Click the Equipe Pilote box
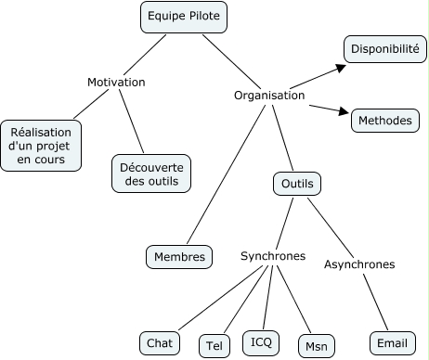(x=184, y=17)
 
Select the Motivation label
(x=116, y=83)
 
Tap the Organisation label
(x=269, y=96)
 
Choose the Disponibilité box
(x=385, y=49)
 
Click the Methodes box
(x=385, y=121)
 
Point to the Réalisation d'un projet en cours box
(x=41, y=146)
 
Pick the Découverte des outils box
(x=151, y=174)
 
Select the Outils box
(x=297, y=184)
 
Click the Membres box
(x=179, y=257)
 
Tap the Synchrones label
(x=273, y=256)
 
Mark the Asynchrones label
(x=359, y=264)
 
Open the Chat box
(x=160, y=343)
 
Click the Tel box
(x=214, y=345)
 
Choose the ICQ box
(x=261, y=342)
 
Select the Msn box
(x=317, y=346)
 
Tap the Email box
(x=393, y=343)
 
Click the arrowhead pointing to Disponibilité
(x=342, y=68)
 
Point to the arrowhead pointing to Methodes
(x=344, y=111)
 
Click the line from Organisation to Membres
(x=227, y=174)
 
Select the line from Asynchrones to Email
(x=375, y=302)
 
